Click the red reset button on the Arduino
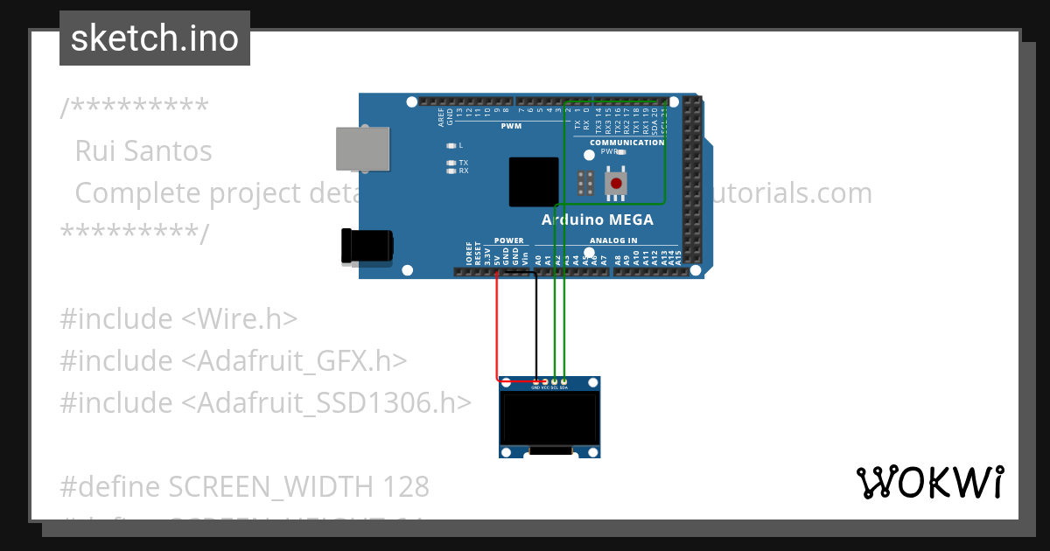pyautogui.click(x=618, y=183)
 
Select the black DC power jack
pyautogui.click(x=367, y=246)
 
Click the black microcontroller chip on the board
pyautogui.click(x=534, y=182)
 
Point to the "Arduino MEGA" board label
pyautogui.click(x=597, y=220)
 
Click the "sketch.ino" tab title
pyautogui.click(x=155, y=38)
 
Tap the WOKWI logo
pyautogui.click(x=929, y=482)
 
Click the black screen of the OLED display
pyautogui.click(x=549, y=417)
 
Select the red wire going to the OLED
pyautogui.click(x=498, y=332)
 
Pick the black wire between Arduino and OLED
pyautogui.click(x=536, y=324)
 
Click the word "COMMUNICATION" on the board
pyautogui.click(x=626, y=143)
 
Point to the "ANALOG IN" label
pyautogui.click(x=613, y=241)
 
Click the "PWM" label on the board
pyautogui.click(x=511, y=127)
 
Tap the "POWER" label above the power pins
pyautogui.click(x=508, y=241)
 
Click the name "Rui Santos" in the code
pyautogui.click(x=143, y=151)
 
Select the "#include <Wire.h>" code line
pyautogui.click(x=178, y=319)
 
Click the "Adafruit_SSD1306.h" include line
pyautogui.click(x=266, y=403)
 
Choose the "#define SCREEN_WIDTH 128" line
pyautogui.click(x=245, y=486)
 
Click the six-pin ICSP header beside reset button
pyautogui.click(x=586, y=183)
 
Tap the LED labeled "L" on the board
pyautogui.click(x=451, y=145)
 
